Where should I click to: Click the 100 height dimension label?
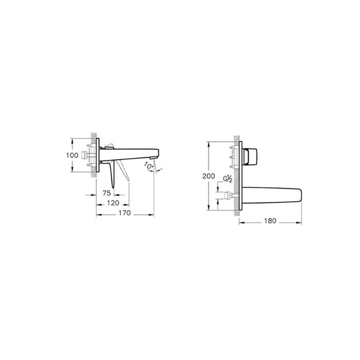click(72, 156)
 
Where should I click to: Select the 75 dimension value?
click(107, 193)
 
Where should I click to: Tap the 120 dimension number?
click(113, 203)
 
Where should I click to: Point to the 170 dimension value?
click(125, 213)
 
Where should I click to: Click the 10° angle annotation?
click(148, 166)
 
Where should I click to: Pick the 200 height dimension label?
click(209, 176)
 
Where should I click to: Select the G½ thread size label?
click(228, 179)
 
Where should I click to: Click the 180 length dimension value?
click(270, 221)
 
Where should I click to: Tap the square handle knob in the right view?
click(251, 156)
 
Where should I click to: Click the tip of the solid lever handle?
click(112, 187)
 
